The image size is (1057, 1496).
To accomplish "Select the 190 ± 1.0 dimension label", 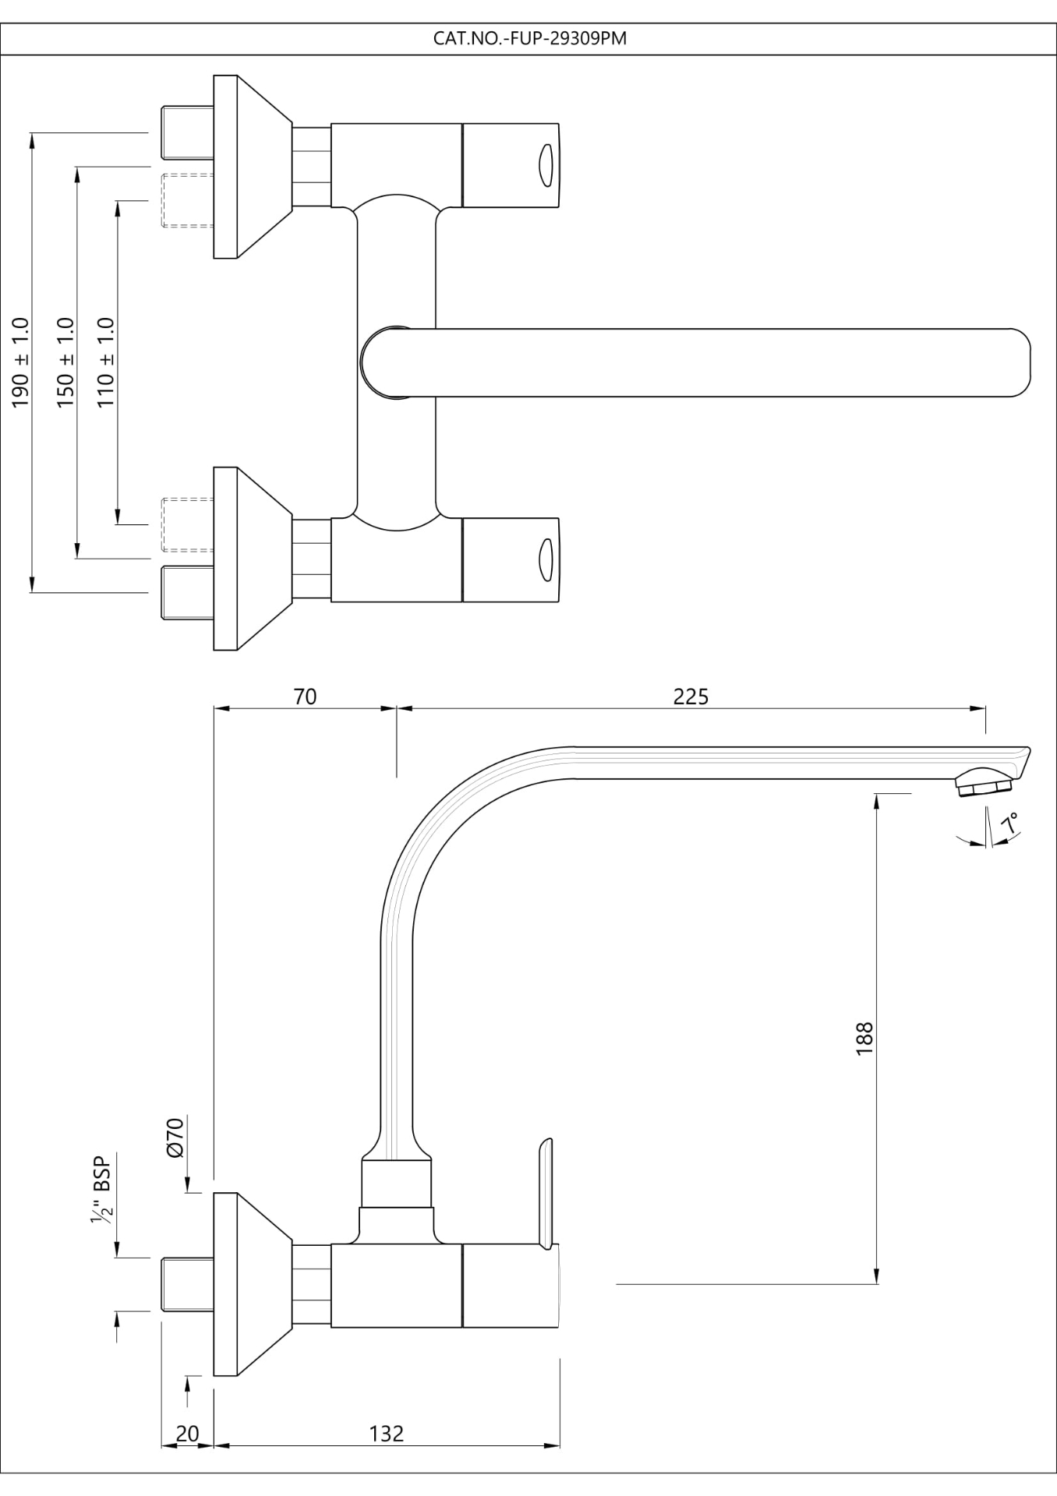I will [21, 362].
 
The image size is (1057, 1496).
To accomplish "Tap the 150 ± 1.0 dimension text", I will [65, 362].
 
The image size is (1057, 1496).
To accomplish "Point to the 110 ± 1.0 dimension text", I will [106, 362].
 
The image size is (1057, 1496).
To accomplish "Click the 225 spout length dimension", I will [691, 696].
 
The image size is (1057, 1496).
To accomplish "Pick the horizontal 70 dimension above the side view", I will [306, 696].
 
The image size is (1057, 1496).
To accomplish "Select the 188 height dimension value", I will [864, 1039].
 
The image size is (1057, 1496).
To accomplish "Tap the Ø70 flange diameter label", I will [175, 1137].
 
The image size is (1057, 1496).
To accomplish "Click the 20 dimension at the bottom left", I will [187, 1433].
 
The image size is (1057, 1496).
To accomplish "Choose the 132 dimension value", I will [387, 1433].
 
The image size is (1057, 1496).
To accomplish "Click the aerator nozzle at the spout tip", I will [984, 782].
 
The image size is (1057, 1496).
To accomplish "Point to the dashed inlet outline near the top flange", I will [186, 199].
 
